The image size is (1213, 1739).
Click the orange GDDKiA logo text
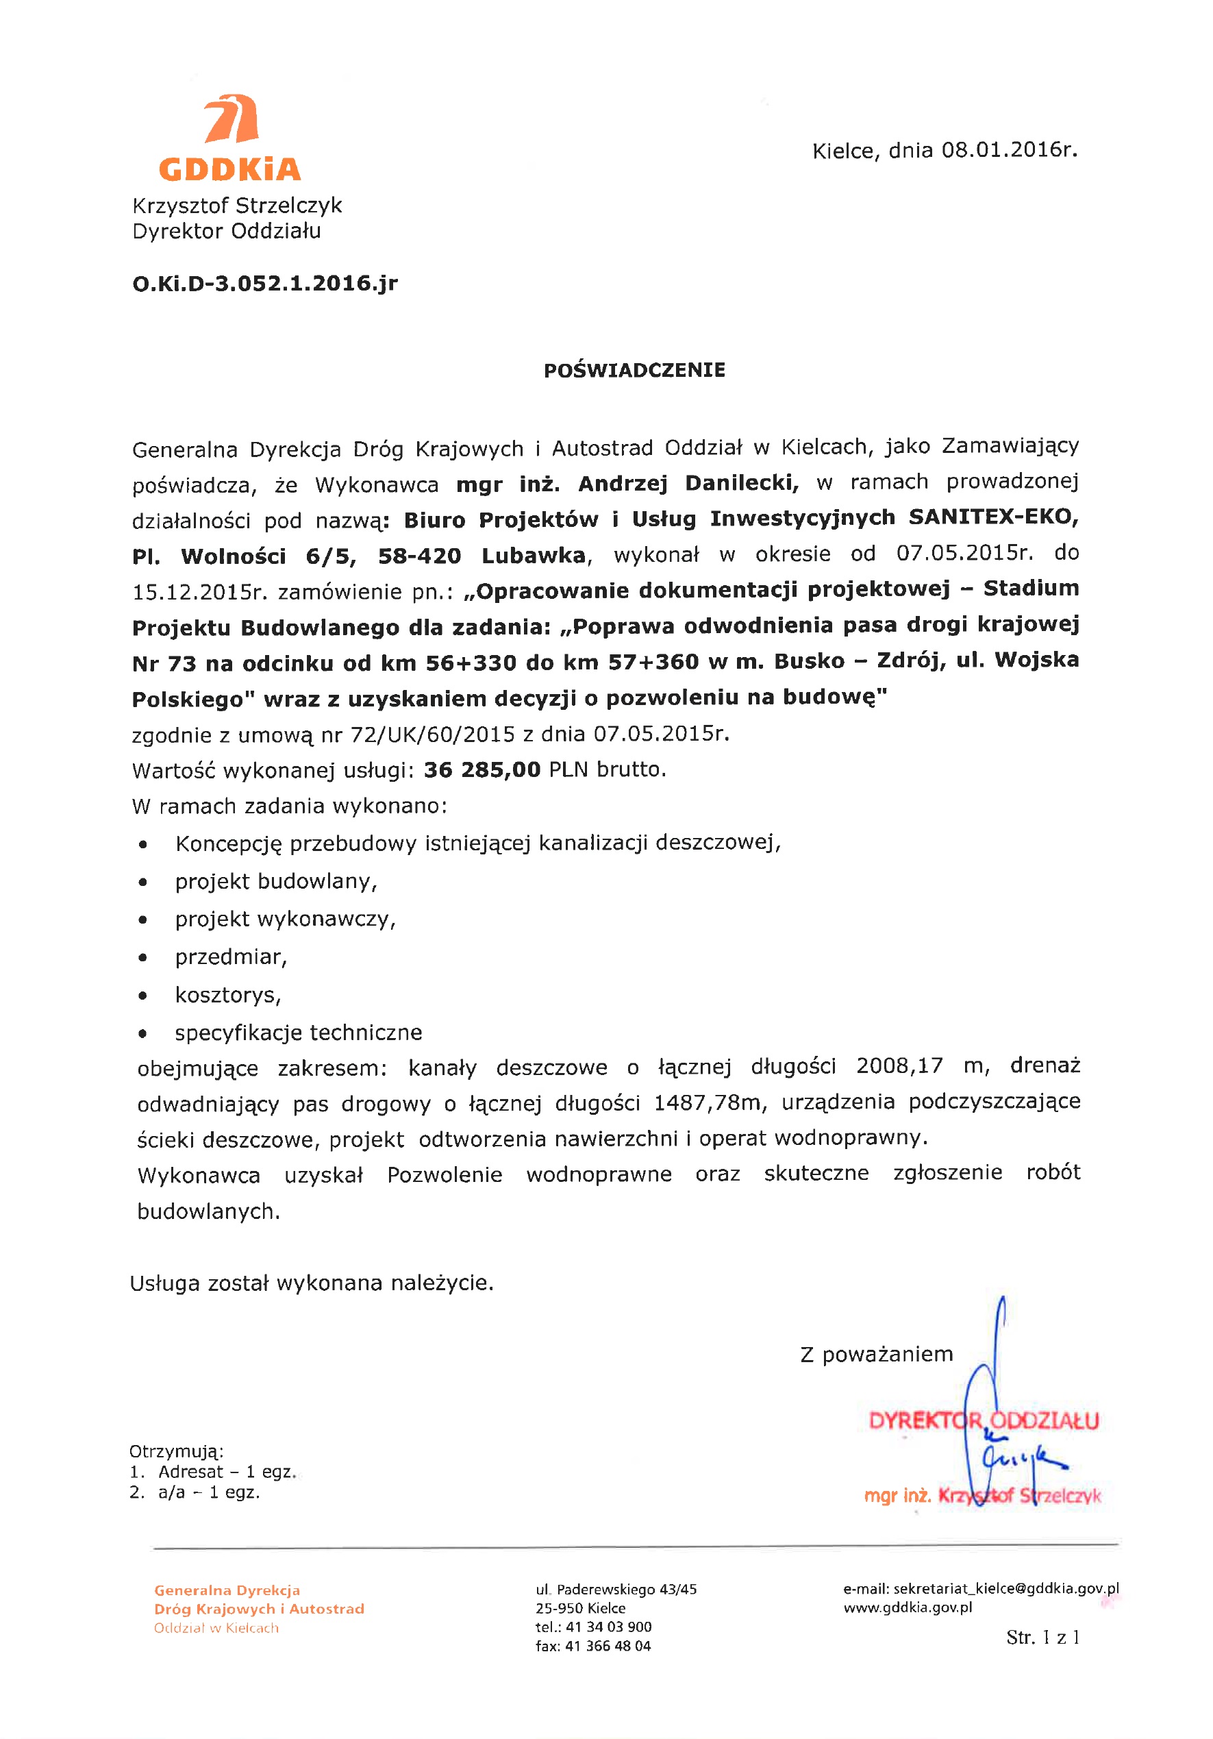click(x=229, y=169)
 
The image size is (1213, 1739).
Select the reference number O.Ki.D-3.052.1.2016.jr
click(x=265, y=283)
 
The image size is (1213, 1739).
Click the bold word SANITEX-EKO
click(x=993, y=517)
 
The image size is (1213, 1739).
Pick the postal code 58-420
click(x=419, y=556)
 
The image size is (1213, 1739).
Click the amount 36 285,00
click(x=482, y=769)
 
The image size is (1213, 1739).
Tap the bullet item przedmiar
click(x=231, y=957)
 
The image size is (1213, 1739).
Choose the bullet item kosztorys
click(x=228, y=994)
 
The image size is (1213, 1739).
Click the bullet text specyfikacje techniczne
click(x=299, y=1033)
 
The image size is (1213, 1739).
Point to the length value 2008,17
click(x=899, y=1065)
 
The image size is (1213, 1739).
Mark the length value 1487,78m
click(x=708, y=1102)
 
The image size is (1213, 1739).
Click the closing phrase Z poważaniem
click(x=876, y=1353)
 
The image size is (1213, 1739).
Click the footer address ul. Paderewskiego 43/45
click(x=616, y=1589)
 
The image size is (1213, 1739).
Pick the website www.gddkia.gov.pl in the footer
click(x=908, y=1607)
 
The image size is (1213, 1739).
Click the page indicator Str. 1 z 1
click(x=1042, y=1638)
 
